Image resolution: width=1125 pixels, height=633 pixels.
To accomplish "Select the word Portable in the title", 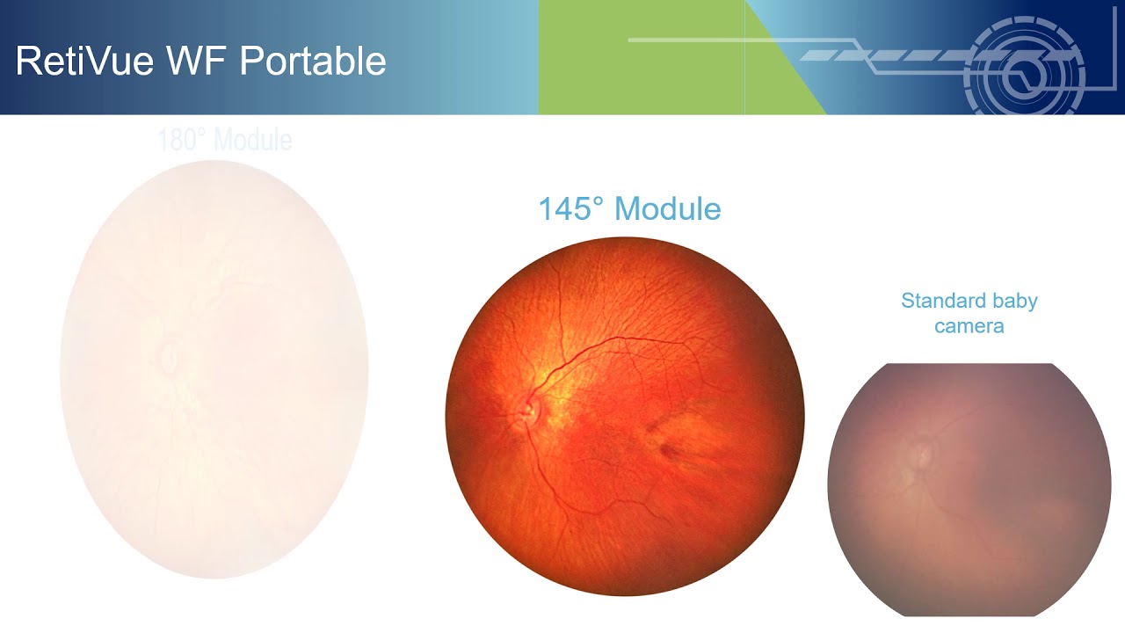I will pyautogui.click(x=312, y=62).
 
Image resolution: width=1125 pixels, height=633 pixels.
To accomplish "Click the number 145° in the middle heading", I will pyautogui.click(x=571, y=209).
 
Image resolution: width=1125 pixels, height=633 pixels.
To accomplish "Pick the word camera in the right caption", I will pyautogui.click(x=969, y=326).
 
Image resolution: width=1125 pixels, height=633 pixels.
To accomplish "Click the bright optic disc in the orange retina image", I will pyautogui.click(x=528, y=407).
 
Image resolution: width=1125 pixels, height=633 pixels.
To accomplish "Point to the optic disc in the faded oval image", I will pyautogui.click(x=167, y=356).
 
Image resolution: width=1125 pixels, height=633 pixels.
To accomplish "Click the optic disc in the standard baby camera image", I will pyautogui.click(x=922, y=454).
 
